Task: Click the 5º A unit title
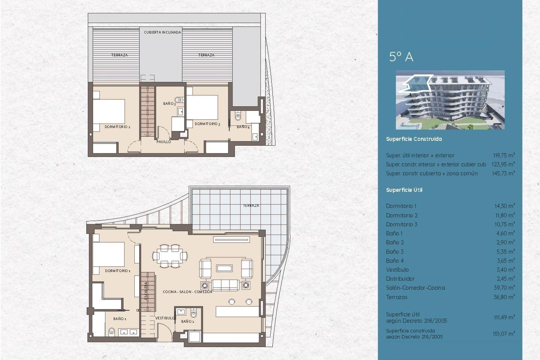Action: pos(401,57)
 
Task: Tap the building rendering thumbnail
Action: pos(450,100)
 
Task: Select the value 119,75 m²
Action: pos(504,155)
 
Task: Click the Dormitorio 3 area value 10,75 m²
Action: pos(505,224)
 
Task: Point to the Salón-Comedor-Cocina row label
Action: pos(415,288)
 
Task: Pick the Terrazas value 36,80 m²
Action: pos(504,297)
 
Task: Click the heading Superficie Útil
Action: pos(404,190)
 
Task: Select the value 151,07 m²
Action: pos(503,334)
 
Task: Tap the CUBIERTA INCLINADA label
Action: pos(163,32)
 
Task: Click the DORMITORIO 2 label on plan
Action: pos(117,127)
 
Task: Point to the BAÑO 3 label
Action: pos(169,104)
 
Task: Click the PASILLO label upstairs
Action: pos(164,142)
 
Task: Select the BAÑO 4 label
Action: pos(243,127)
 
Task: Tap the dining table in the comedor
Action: pos(170,256)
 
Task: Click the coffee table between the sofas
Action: pos(224,268)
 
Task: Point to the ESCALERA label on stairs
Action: pos(146,291)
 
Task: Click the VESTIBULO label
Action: pos(165,318)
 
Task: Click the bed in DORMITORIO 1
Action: pos(109,255)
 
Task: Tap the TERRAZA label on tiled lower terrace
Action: pos(251,206)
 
